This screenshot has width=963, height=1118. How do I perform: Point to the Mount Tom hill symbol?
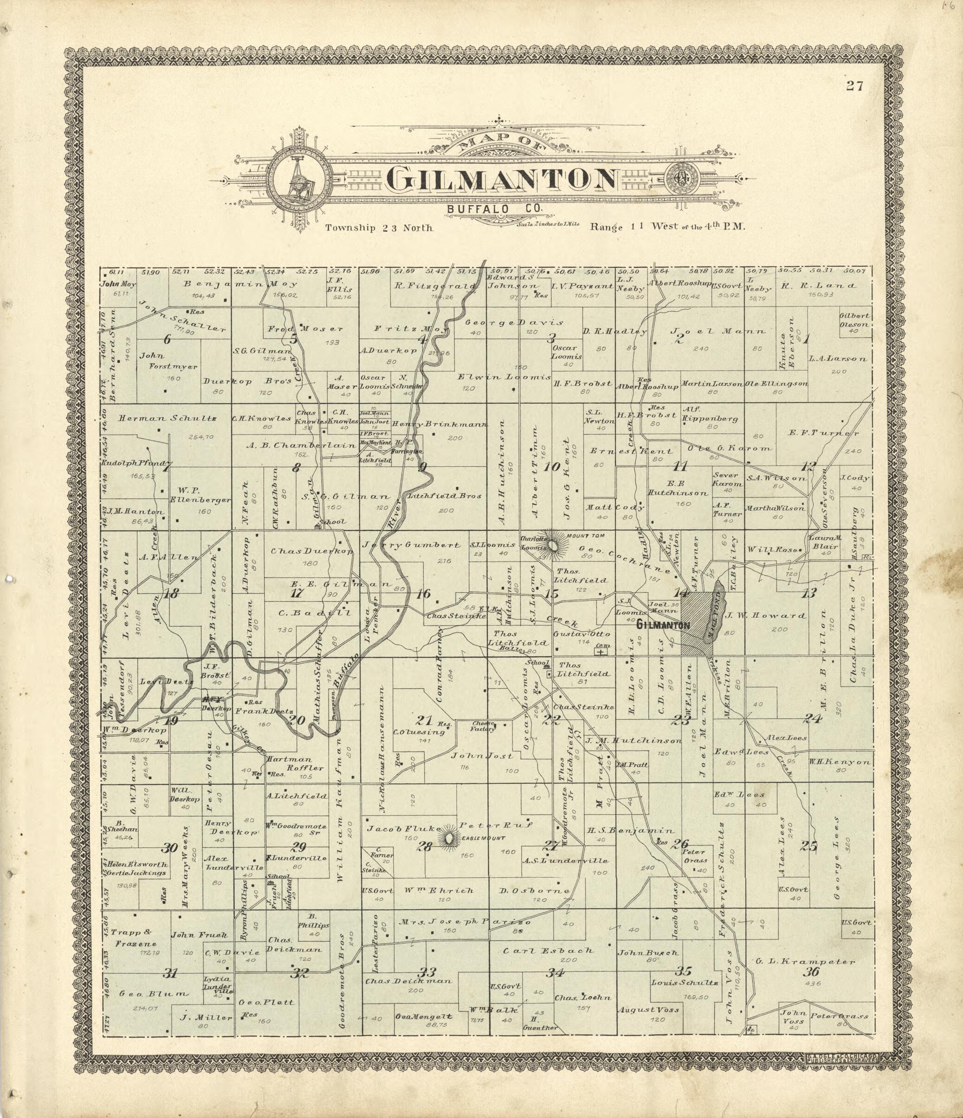tap(554, 546)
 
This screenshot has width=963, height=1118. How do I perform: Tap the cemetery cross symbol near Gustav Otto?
tap(600, 652)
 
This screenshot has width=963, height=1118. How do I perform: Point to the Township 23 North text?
tap(379, 228)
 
